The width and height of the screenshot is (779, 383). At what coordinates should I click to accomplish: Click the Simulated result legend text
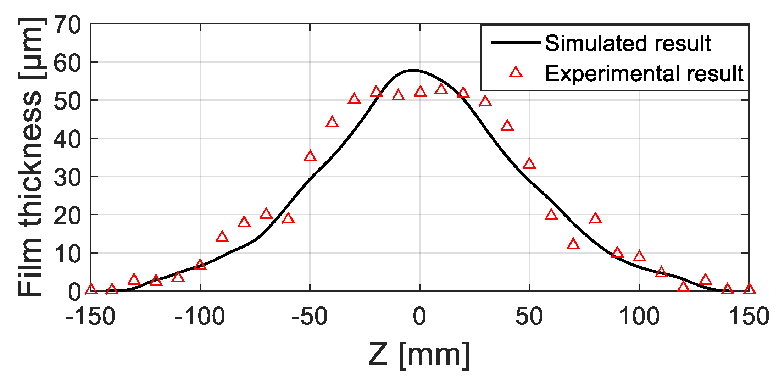(x=628, y=43)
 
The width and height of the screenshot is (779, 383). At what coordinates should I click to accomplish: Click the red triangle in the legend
(x=516, y=73)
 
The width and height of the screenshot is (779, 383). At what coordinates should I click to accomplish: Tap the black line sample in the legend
(x=516, y=43)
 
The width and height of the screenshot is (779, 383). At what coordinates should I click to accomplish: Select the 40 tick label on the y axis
(x=67, y=139)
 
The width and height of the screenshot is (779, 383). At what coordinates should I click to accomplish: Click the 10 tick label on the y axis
(x=67, y=254)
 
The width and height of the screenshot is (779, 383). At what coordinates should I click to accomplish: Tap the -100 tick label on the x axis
(x=200, y=317)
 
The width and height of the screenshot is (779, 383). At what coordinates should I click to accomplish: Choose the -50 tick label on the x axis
(x=310, y=317)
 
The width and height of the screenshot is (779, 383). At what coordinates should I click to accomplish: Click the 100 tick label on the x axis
(x=639, y=317)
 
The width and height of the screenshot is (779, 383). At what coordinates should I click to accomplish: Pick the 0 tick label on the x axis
(x=419, y=317)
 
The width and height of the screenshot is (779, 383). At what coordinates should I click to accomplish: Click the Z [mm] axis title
(x=419, y=355)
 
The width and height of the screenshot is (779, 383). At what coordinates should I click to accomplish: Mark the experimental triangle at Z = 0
(x=420, y=91)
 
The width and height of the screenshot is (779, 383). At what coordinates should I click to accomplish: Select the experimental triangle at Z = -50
(x=310, y=156)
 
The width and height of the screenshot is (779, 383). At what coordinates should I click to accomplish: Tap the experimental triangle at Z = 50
(x=529, y=163)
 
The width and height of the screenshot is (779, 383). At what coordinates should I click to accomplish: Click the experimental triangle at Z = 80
(x=595, y=218)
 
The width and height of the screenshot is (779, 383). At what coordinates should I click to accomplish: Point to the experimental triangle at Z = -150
(x=91, y=289)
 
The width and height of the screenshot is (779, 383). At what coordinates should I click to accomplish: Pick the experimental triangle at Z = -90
(x=222, y=237)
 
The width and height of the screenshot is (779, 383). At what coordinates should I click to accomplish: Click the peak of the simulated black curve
(x=412, y=70)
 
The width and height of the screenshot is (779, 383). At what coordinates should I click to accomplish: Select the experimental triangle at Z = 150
(x=749, y=289)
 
